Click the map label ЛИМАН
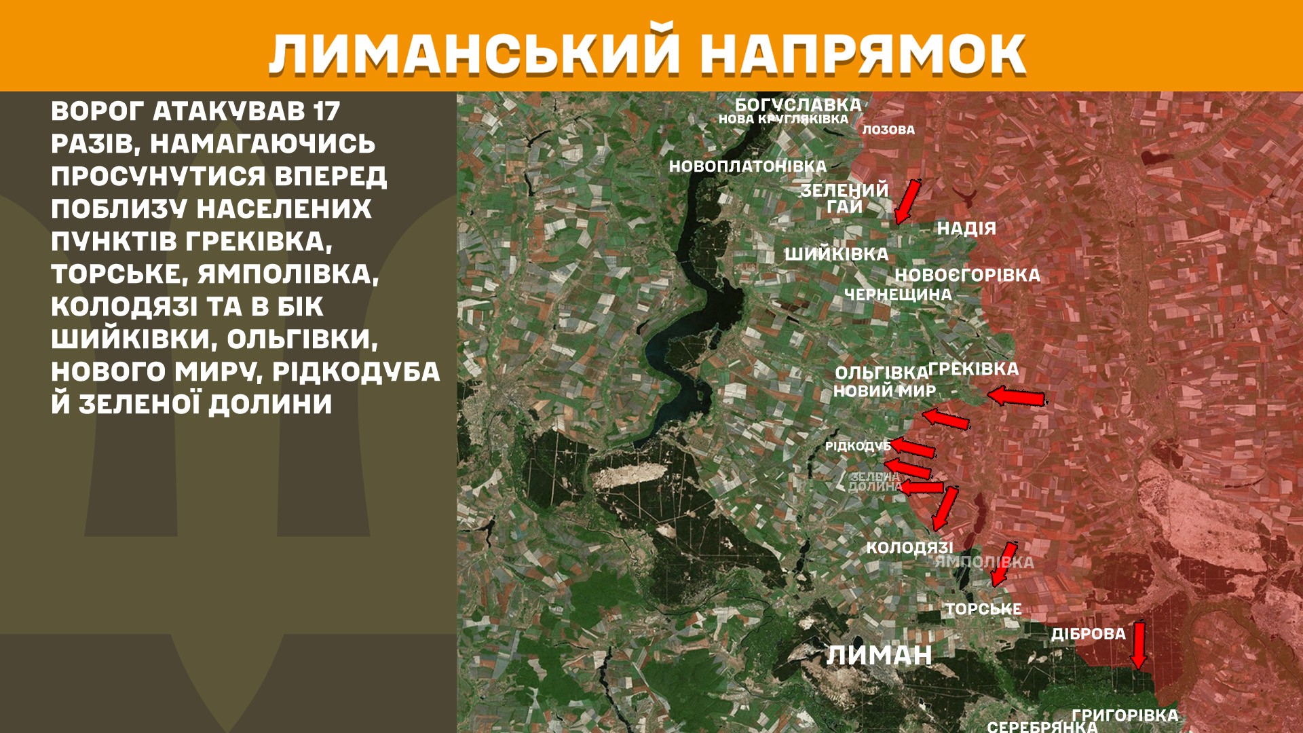pos(879,655)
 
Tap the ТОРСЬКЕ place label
pos(983,609)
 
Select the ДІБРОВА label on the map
pos(1088,634)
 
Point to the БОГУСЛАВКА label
pos(798,105)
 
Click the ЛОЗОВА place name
pos(888,130)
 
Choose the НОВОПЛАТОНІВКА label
pos(747,166)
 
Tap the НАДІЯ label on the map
pos(966,229)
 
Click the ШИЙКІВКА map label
pos(836,255)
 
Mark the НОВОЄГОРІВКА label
pos(967,275)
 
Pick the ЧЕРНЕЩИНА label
pos(898,295)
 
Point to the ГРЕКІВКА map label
pos(973,369)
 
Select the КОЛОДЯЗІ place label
pos(909,548)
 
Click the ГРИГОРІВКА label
pos(1125,715)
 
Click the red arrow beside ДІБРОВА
pos(1139,645)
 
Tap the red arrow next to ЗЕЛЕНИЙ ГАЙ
pos(907,201)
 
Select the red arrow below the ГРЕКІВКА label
pos(1016,397)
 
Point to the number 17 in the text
pos(326,111)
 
